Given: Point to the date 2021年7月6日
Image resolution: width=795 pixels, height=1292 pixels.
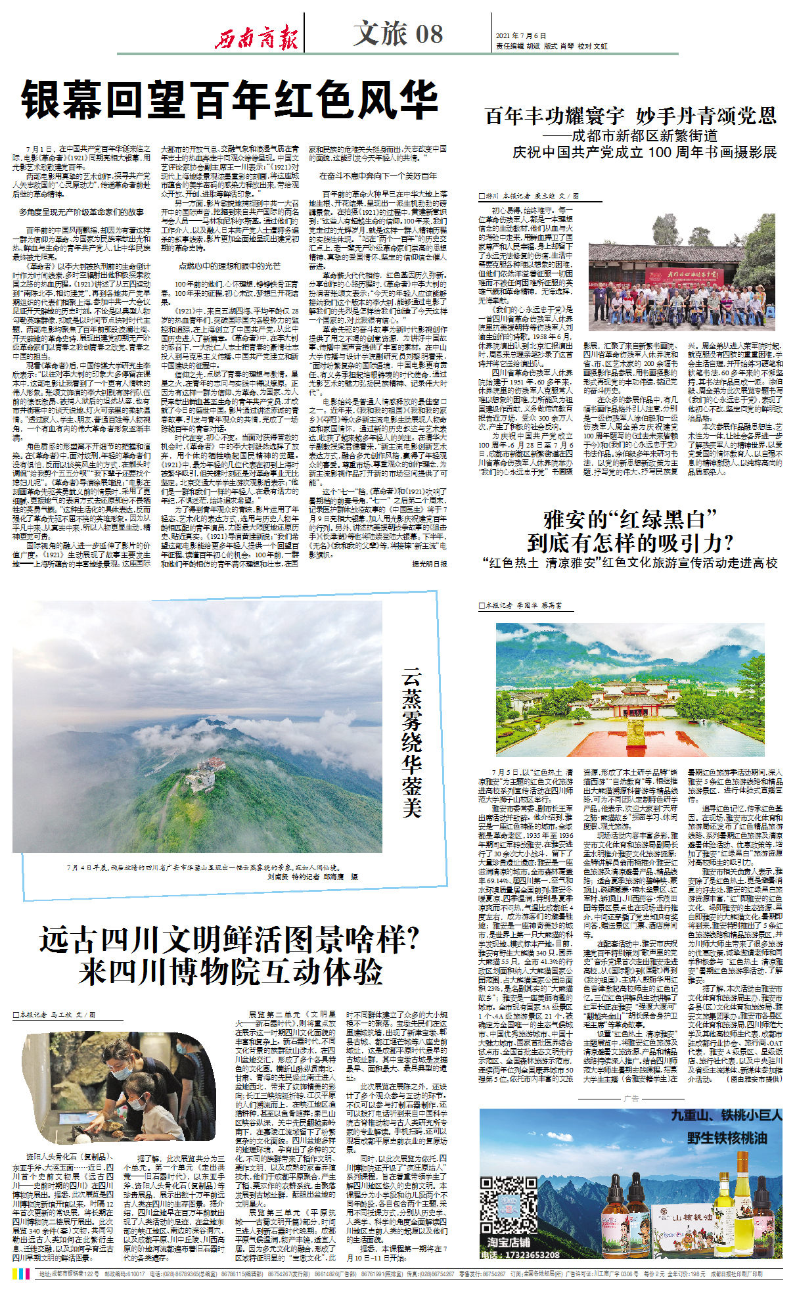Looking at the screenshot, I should coord(521,36).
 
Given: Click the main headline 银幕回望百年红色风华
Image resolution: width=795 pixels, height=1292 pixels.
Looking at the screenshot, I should coord(230,100).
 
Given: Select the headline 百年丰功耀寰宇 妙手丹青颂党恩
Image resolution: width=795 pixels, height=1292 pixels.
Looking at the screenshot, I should coord(631,116).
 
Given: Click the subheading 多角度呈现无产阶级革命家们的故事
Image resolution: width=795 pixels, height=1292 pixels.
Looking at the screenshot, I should coord(81,212).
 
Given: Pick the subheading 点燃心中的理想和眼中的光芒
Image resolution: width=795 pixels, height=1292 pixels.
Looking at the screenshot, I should coord(229,266).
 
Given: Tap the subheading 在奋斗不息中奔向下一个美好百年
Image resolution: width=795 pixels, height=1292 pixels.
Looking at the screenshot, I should coord(378,176).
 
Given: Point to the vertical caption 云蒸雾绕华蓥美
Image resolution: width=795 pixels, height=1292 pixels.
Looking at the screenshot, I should coord(412,743).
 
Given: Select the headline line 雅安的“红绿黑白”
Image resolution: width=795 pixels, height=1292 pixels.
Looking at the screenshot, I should coord(630,520).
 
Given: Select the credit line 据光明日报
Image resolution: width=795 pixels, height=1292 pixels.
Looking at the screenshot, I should coord(429,564).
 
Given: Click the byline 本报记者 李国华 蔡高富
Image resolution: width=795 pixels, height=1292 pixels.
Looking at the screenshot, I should coord(524,605).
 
